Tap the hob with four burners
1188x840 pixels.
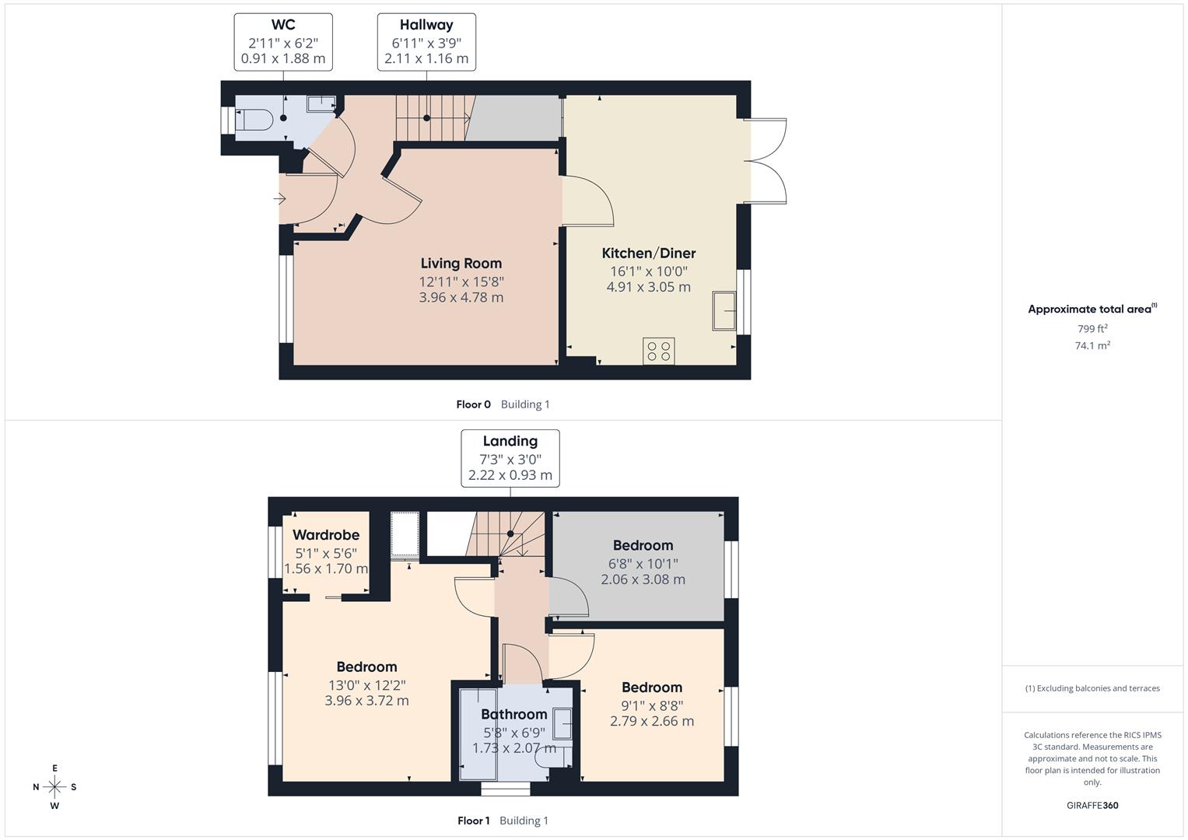tap(658, 351)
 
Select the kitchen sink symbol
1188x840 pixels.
tap(724, 311)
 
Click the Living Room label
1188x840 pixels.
tap(461, 264)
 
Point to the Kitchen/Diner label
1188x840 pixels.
tap(648, 254)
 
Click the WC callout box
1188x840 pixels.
tap(283, 42)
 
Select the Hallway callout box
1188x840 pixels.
tap(426, 42)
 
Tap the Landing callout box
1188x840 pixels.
tap(510, 458)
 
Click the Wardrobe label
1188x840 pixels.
tap(326, 535)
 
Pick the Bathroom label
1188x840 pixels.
tap(513, 714)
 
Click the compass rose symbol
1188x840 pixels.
tap(54, 787)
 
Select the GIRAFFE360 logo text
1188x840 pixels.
tap(1092, 805)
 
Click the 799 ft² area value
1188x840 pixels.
tap(1092, 329)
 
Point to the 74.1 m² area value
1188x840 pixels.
tap(1092, 346)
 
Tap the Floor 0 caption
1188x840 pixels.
tap(473, 404)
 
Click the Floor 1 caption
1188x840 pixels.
tap(473, 821)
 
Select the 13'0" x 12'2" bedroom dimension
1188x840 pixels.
tap(366, 685)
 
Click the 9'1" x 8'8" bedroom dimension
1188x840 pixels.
tap(651, 705)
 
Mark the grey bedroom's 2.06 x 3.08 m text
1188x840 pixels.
tap(643, 579)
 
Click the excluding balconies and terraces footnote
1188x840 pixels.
tap(1092, 688)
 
